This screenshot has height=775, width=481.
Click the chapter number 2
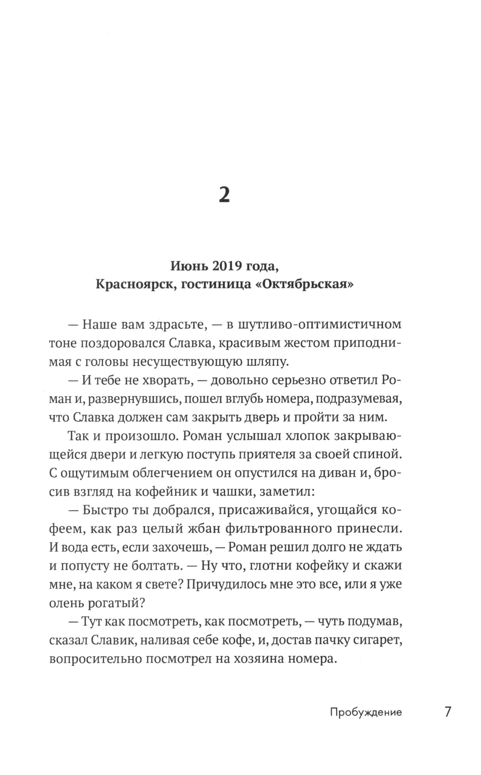coord(224,195)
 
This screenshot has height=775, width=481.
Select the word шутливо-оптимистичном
coord(313,324)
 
